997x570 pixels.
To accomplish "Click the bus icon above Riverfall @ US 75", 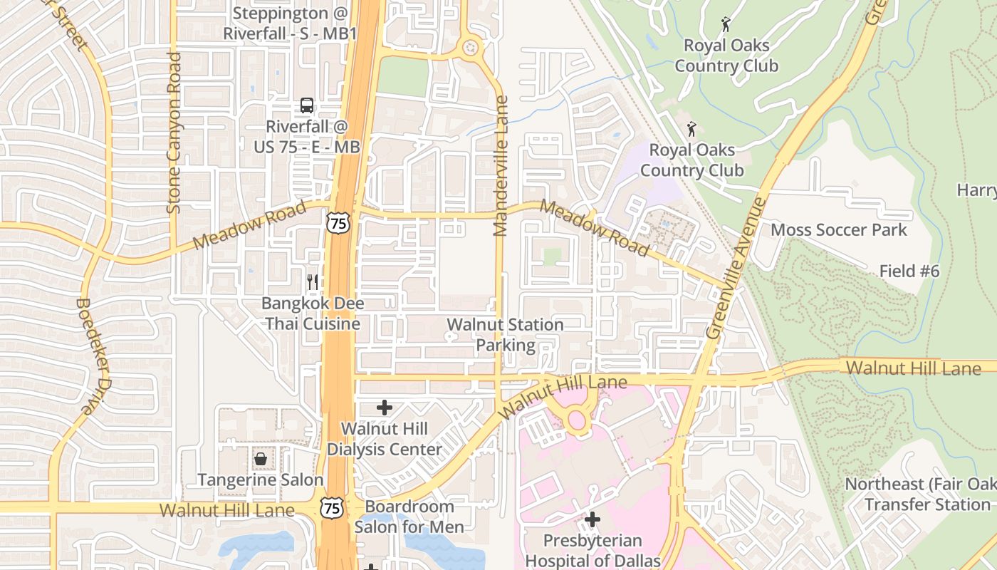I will [x=306, y=105].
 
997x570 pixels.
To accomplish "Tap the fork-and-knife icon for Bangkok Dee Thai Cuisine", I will [x=312, y=281].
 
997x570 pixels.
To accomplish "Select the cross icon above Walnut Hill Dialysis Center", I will [x=385, y=408].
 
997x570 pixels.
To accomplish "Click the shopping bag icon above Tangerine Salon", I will [x=261, y=459].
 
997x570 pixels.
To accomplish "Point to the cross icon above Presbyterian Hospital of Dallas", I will [x=592, y=519].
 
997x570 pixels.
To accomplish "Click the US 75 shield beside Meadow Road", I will [x=338, y=223].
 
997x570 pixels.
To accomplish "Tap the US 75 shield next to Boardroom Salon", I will [x=330, y=507].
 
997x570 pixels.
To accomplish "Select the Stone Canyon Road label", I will [x=174, y=132].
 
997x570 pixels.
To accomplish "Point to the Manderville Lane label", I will [x=501, y=165].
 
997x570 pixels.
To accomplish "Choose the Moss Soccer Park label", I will [x=839, y=229].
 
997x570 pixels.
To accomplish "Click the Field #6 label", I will [x=909, y=271].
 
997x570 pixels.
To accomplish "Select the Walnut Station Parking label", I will [x=505, y=335].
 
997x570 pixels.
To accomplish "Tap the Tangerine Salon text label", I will [x=261, y=480].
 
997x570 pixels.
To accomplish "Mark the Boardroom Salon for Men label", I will [x=409, y=517].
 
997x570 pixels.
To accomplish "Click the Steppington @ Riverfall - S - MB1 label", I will [x=290, y=23].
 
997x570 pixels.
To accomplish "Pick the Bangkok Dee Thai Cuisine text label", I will [x=313, y=313].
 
